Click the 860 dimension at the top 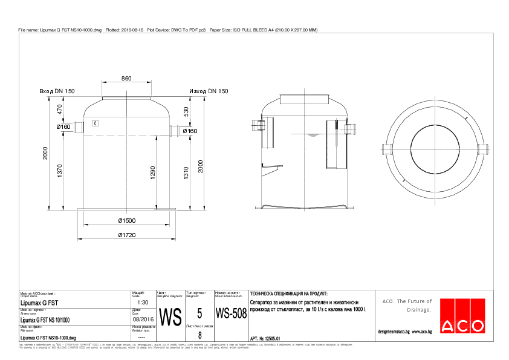coord(126,79)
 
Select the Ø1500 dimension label coord(126,220)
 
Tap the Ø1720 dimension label coord(126,234)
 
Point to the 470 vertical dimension coord(60,110)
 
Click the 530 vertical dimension coord(186,112)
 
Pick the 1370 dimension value coord(60,171)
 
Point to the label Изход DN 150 coord(209,91)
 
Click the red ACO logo coord(462,316)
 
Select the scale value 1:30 coord(143,302)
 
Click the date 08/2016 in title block coord(143,319)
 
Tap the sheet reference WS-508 coord(231,314)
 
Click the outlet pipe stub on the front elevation coord(175,130)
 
